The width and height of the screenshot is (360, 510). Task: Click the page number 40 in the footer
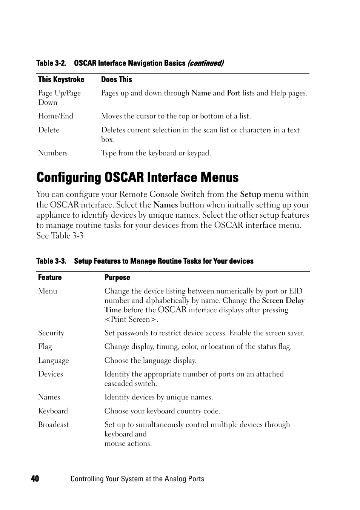point(35,479)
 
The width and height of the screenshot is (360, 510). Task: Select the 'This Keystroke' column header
point(61,80)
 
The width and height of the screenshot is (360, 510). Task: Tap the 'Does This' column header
point(117,80)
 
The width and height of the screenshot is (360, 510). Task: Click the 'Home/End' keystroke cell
point(55,116)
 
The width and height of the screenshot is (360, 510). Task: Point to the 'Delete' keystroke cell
point(49,130)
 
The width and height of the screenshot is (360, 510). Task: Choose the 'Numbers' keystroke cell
point(53,153)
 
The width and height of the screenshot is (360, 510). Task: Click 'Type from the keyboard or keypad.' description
point(156,153)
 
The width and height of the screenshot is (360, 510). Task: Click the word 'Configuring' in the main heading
point(69,178)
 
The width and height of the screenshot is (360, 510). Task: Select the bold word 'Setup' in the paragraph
point(251,195)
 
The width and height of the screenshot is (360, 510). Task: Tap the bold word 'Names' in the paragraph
point(165,205)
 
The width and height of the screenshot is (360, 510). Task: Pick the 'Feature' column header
point(50,278)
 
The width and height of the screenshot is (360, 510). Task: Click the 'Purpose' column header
point(117,278)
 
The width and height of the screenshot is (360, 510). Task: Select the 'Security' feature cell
point(51,333)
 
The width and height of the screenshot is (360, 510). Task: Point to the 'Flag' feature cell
point(45,347)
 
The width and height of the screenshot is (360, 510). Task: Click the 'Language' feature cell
point(53,361)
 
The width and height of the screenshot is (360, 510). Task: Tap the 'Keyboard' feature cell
point(53,411)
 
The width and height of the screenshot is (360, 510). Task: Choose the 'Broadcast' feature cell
point(54,425)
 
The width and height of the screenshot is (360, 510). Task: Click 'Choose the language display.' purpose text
point(150,361)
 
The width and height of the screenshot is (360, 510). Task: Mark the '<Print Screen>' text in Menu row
point(131,320)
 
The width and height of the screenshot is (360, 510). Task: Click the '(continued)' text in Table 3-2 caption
point(206,63)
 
